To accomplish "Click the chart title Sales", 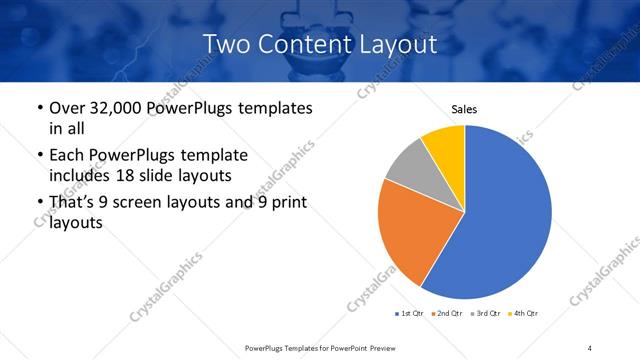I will pyautogui.click(x=464, y=108).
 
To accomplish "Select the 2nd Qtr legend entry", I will pyautogui.click(x=446, y=314).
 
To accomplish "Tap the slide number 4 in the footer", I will pyautogui.click(x=591, y=347).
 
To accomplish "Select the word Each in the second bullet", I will pyautogui.click(x=66, y=155).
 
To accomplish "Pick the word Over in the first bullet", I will pyautogui.click(x=68, y=107).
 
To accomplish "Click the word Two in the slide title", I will pyautogui.click(x=225, y=44).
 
